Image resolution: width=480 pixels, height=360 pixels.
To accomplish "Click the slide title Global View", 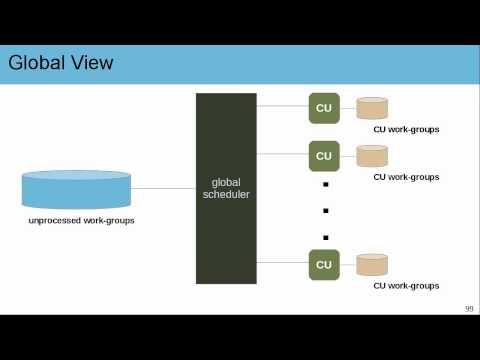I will (60, 64).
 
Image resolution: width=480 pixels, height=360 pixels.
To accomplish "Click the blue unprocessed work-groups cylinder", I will (77, 189).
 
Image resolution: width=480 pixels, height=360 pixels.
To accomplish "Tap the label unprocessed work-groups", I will (82, 220).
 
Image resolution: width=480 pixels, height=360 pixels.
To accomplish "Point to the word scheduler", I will (226, 194).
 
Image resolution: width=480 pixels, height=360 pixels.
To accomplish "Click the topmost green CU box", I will (324, 108).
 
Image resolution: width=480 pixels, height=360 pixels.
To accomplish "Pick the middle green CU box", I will (324, 156).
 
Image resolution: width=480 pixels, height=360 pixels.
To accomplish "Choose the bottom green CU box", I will (324, 265).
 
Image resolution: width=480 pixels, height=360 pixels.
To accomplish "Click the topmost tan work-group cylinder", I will (372, 108).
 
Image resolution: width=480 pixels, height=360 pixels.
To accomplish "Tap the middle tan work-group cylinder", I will (372, 156).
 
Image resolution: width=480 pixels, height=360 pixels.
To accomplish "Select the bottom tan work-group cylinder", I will (372, 265).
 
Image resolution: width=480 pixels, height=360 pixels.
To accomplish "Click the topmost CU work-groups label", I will (406, 130).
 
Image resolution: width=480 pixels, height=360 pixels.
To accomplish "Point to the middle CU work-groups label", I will (406, 177).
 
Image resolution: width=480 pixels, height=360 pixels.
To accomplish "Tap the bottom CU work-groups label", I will (406, 286).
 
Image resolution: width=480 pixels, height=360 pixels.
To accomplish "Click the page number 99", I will (468, 309).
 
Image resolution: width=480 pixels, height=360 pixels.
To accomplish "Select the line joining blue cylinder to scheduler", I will (163, 188).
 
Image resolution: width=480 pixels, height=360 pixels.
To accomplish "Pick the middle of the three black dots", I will (325, 211).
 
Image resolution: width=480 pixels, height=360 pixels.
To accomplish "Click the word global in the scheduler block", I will (226, 182).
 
